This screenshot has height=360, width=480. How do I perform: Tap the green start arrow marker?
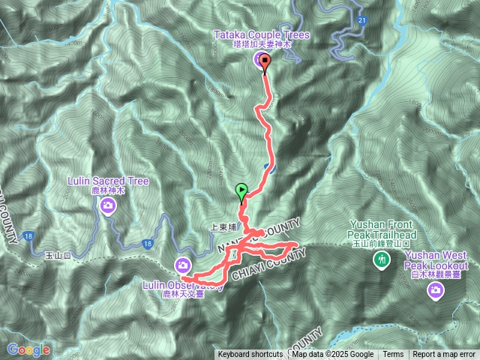point(241,192)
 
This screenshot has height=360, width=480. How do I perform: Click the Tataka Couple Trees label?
point(262,35)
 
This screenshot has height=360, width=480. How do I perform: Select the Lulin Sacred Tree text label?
point(109,181)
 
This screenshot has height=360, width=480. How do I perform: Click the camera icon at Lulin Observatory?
point(183,264)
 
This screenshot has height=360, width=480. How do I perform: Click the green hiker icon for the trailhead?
point(382,259)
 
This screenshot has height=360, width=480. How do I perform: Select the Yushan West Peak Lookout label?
point(436,261)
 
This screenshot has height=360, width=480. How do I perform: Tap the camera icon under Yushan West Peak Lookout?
point(435,289)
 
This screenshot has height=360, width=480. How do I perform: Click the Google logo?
point(28,349)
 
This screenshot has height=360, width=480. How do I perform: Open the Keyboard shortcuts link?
point(250,355)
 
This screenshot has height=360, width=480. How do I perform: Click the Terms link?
point(393,355)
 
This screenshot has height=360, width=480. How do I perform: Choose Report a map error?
point(445,355)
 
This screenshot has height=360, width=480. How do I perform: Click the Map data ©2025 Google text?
point(333,355)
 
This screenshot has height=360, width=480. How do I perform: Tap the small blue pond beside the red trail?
point(267,167)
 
